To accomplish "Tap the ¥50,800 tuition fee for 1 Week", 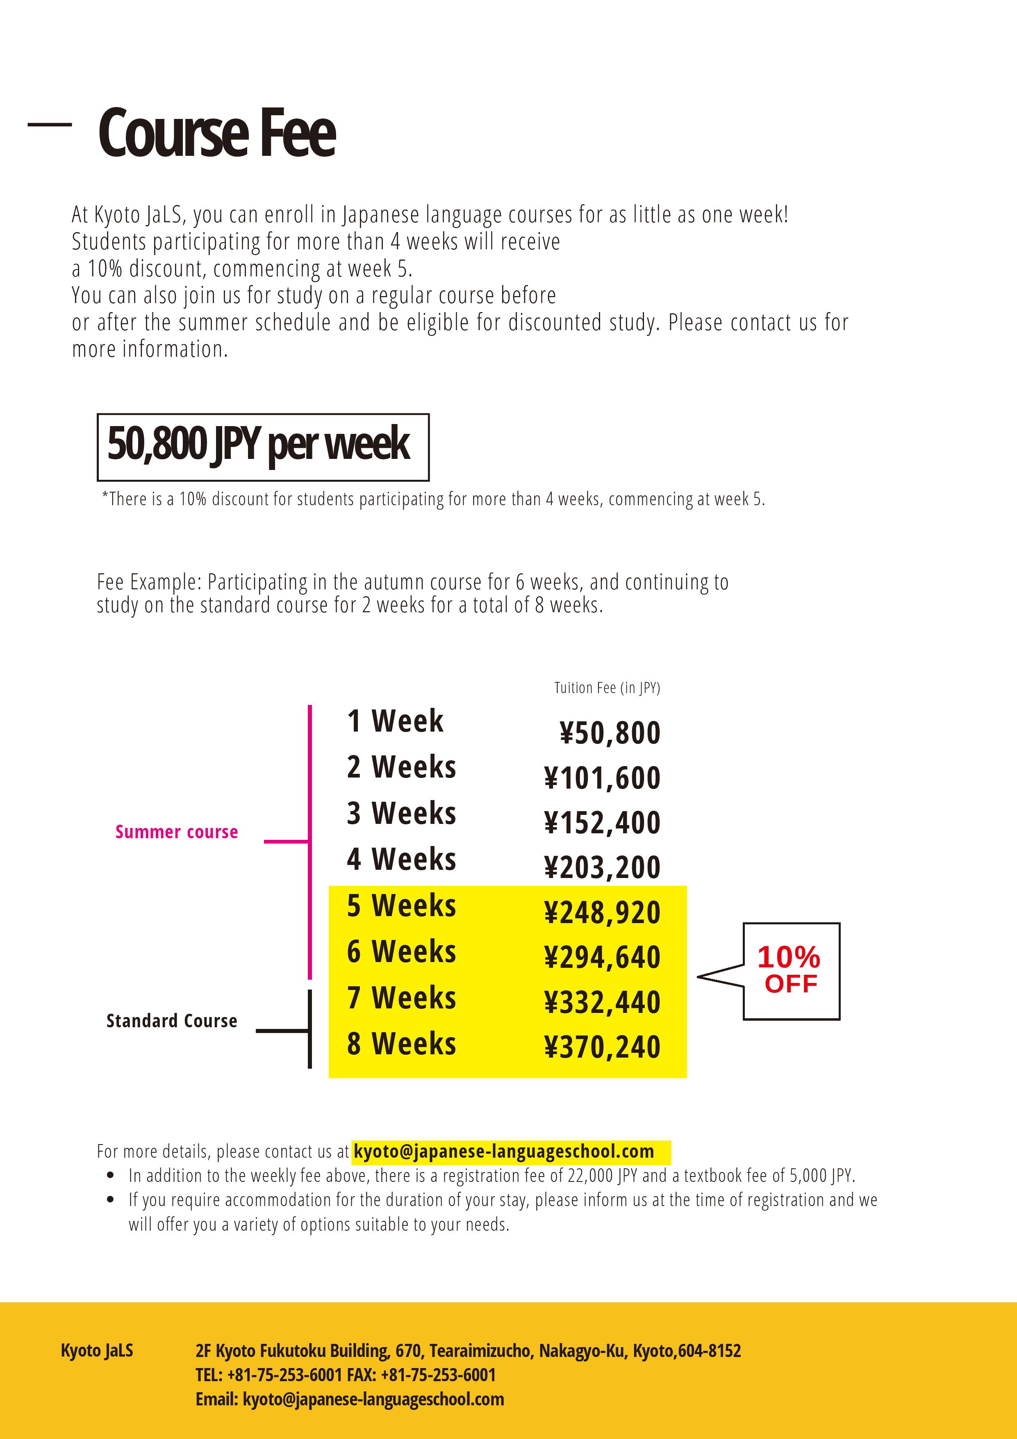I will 609,733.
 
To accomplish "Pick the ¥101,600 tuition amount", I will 602,778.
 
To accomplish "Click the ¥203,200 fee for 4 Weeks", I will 602,867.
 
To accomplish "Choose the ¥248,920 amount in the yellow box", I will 602,912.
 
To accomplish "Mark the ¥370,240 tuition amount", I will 602,1047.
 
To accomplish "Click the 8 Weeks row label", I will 401,1044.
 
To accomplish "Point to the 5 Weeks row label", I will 401,905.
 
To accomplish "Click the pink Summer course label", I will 177,832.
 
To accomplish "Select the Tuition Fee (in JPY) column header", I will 607,688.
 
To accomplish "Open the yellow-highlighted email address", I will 504,1152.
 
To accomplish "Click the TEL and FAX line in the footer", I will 345,1375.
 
